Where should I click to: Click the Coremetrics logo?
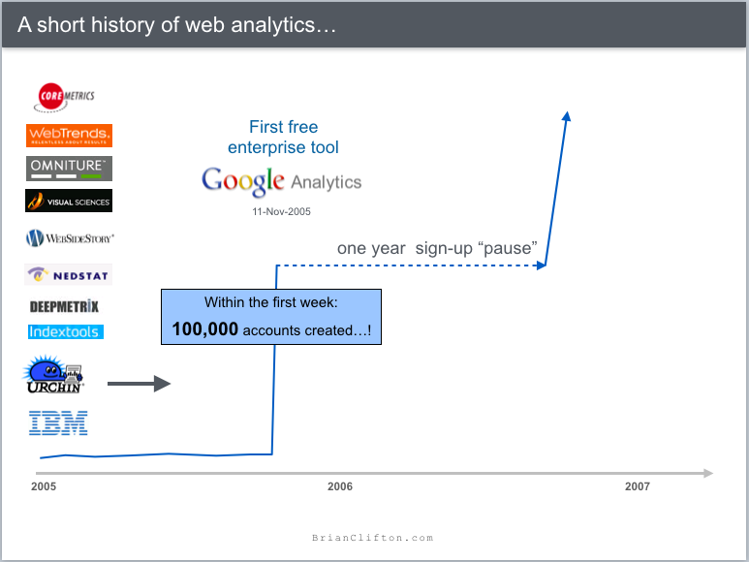[x=66, y=96]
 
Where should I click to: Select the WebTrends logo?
[x=69, y=136]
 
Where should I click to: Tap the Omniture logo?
[x=69, y=168]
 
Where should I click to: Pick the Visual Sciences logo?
[x=69, y=201]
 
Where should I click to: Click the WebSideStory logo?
[x=70, y=237]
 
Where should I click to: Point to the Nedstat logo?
[x=69, y=274]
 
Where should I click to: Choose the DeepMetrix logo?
[x=64, y=306]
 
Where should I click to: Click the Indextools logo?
[x=65, y=331]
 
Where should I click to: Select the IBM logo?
[x=58, y=421]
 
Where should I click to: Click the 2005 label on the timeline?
[x=44, y=486]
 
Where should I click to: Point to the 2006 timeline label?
[x=340, y=486]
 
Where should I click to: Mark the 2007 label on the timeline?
[x=638, y=486]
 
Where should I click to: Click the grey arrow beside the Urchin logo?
[x=139, y=385]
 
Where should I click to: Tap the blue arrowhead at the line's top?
[x=567, y=116]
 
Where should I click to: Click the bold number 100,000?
[x=204, y=329]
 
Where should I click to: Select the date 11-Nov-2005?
[x=280, y=210]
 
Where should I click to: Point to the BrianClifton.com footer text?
[x=373, y=538]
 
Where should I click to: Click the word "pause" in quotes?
[x=509, y=248]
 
